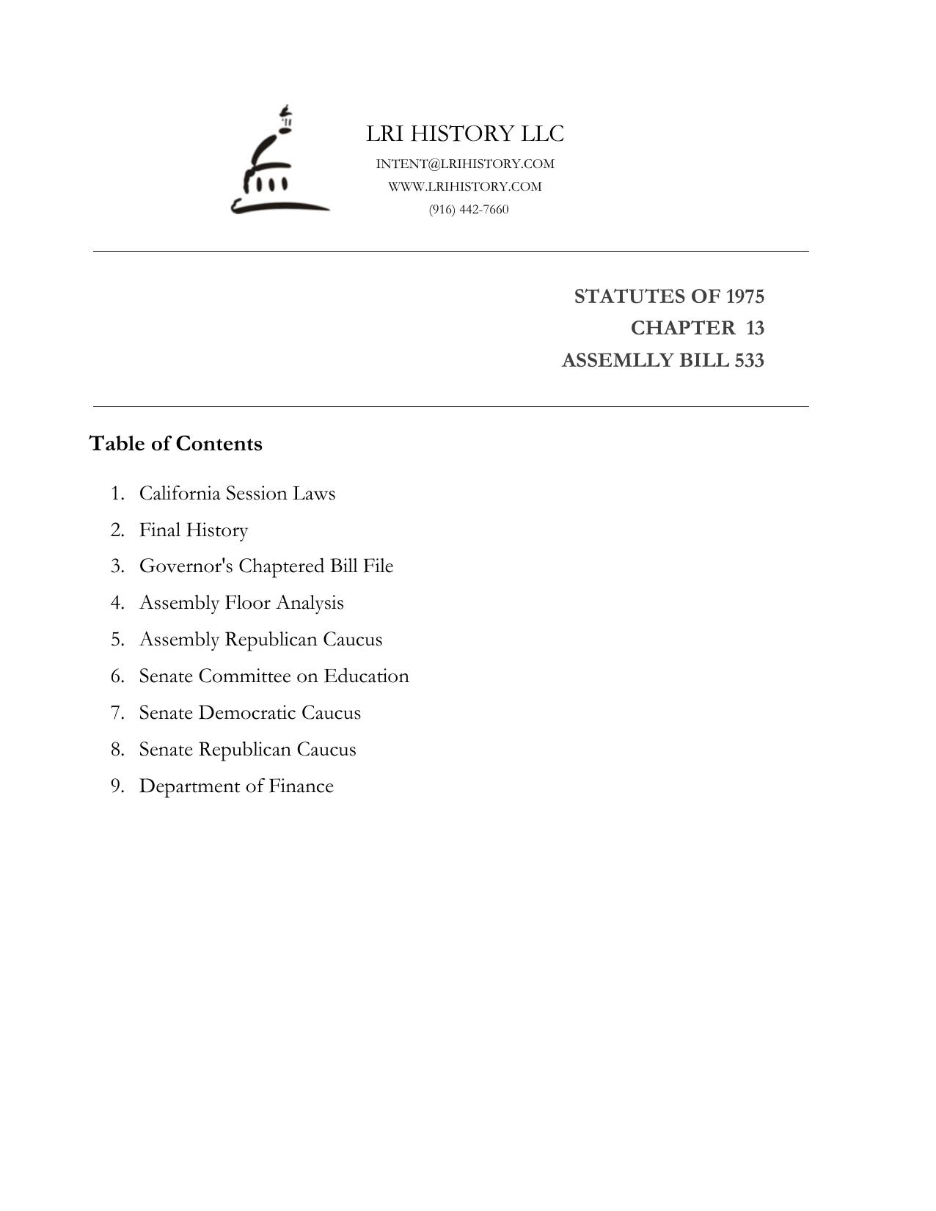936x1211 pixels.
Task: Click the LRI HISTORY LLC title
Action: pos(465,133)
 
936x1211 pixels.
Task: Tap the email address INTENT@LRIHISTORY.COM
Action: pos(465,164)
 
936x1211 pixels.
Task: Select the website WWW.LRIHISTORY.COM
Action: pos(465,186)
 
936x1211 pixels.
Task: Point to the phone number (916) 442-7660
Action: pos(469,210)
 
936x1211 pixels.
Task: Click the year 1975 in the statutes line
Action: pos(745,296)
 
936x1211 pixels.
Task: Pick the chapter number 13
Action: pos(755,328)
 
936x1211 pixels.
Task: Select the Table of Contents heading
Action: pos(175,444)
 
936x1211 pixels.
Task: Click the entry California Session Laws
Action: pos(237,493)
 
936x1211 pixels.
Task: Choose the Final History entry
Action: pos(194,530)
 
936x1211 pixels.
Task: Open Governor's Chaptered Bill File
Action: pos(266,566)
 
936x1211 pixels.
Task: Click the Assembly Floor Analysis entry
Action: pos(241,603)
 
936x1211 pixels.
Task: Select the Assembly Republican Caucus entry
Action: pos(260,640)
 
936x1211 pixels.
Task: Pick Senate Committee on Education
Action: pos(274,676)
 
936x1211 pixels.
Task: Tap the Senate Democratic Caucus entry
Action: pos(249,713)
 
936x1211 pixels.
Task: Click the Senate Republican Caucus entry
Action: pos(247,750)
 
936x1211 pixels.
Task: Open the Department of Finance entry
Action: pos(236,786)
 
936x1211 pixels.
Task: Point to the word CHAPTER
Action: pos(682,328)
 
